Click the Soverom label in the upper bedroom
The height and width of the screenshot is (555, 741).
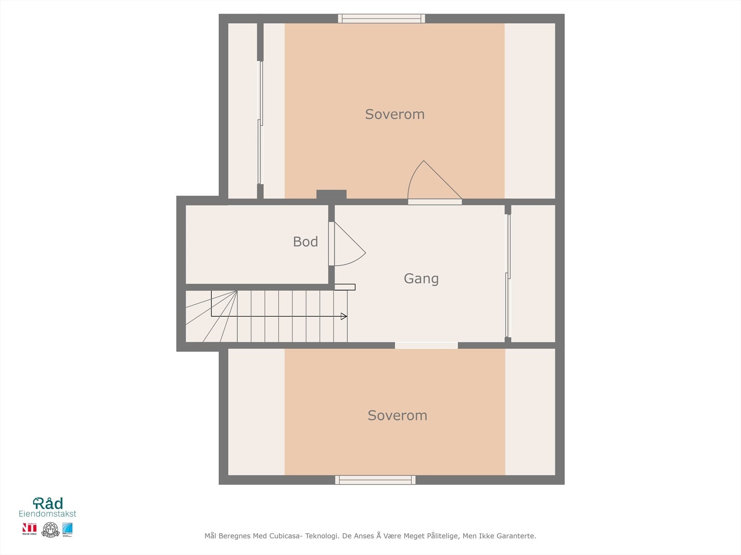395,114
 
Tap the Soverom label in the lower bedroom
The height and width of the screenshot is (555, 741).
397,415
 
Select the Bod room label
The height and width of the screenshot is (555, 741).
305,242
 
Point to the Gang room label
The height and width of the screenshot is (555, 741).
421,278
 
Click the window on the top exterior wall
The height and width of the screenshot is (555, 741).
381,18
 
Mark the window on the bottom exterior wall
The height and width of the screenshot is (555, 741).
375,480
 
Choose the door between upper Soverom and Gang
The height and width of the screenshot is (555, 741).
435,202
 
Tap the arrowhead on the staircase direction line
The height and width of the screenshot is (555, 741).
344,316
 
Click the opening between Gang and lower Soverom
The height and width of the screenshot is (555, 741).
426,345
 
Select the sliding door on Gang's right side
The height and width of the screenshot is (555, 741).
508,275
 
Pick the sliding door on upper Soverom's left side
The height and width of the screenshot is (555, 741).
260,123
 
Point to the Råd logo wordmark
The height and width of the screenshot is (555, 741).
48,503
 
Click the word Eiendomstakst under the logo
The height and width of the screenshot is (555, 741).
47,514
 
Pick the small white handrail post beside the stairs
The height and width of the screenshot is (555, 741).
345,287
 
